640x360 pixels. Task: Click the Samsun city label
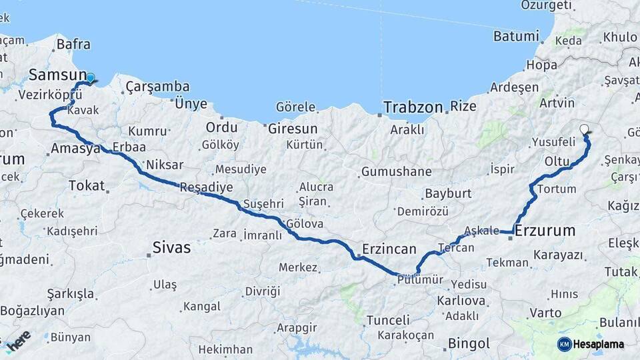[x=57, y=75]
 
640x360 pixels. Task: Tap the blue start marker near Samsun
[x=91, y=78]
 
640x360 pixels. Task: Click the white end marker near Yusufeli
[x=585, y=129]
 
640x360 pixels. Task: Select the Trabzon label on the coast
[x=413, y=107]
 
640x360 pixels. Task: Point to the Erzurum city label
[x=545, y=231]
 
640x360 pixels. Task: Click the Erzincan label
[x=389, y=249]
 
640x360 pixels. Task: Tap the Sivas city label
[x=171, y=248]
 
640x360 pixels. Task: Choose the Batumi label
[x=516, y=36]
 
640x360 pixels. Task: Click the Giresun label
[x=293, y=128]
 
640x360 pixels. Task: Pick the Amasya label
[x=75, y=149]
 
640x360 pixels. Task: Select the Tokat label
[x=87, y=185]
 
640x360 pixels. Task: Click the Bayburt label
[x=447, y=193]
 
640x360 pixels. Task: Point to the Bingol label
[x=469, y=344]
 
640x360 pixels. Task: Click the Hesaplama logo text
[x=600, y=344]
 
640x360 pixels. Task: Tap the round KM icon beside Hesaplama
[x=565, y=344]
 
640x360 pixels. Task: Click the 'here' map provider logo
[x=18, y=340]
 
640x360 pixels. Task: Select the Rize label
[x=463, y=107]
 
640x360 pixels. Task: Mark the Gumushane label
[x=396, y=171]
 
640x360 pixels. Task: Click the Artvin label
[x=557, y=103]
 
